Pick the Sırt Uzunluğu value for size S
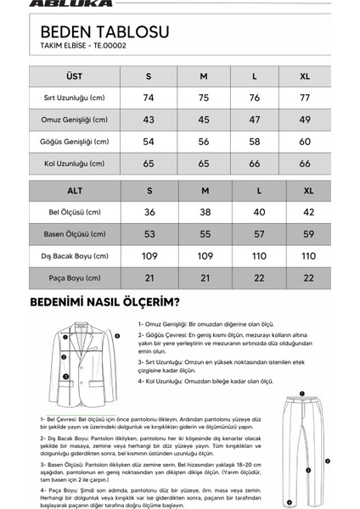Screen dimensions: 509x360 tap(149, 98)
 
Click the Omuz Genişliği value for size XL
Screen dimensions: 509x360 tap(306, 120)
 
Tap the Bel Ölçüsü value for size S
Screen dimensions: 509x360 tap(149, 212)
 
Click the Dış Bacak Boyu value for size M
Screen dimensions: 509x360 tap(204, 255)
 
